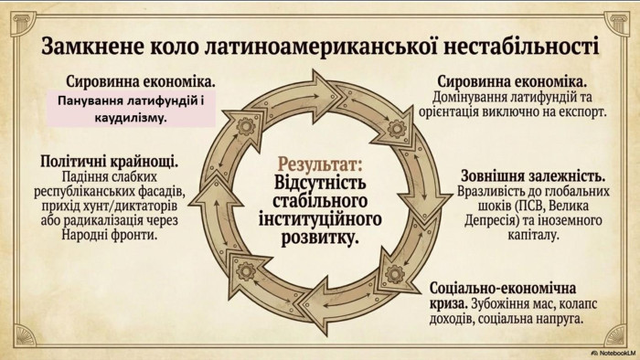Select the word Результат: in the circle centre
(x=320, y=165)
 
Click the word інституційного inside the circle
(x=320, y=219)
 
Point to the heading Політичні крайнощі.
(x=110, y=162)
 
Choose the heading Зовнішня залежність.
(x=533, y=176)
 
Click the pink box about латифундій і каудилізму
(x=131, y=109)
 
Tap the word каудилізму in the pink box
(x=131, y=118)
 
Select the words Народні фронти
(x=110, y=235)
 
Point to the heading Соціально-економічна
(x=503, y=288)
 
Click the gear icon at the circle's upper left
(x=246, y=126)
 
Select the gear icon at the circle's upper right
(x=396, y=129)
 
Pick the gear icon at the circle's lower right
(x=394, y=274)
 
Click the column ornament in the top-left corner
(x=24, y=23)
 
